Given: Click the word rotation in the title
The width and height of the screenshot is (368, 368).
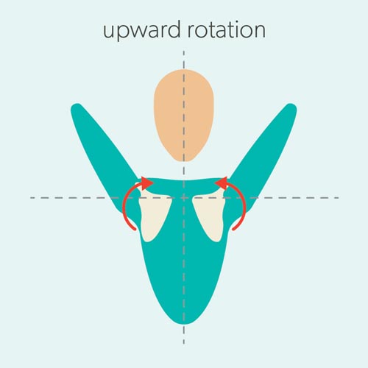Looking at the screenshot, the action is pyautogui.click(x=227, y=29).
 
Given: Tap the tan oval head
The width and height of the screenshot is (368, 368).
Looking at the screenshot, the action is pyautogui.click(x=184, y=116).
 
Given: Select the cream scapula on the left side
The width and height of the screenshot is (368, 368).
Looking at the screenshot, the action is pyautogui.click(x=153, y=216).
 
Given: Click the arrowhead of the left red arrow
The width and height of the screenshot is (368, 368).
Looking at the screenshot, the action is pyautogui.click(x=146, y=183).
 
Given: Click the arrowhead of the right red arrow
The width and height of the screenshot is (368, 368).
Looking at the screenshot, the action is pyautogui.click(x=222, y=183).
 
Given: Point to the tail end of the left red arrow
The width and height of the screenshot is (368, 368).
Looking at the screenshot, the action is pyautogui.click(x=135, y=229).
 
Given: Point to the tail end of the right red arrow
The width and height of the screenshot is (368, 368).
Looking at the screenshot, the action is pyautogui.click(x=233, y=229).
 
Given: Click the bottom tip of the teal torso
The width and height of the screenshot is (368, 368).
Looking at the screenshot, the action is pyautogui.click(x=185, y=324).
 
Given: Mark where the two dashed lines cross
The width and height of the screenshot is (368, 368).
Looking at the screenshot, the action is pyautogui.click(x=184, y=197).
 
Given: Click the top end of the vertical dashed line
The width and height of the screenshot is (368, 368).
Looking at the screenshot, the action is pyautogui.click(x=184, y=51).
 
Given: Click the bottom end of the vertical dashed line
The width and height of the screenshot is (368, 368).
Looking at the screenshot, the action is pyautogui.click(x=184, y=344).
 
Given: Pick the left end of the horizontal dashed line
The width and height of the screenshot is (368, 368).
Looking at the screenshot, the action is pyautogui.click(x=30, y=197).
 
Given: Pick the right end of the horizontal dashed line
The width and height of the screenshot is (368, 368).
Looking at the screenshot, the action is pyautogui.click(x=339, y=197).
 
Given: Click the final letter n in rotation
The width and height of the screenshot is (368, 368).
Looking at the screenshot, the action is pyautogui.click(x=260, y=31).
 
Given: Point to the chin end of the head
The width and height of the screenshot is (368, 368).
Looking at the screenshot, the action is pyautogui.click(x=183, y=161).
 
